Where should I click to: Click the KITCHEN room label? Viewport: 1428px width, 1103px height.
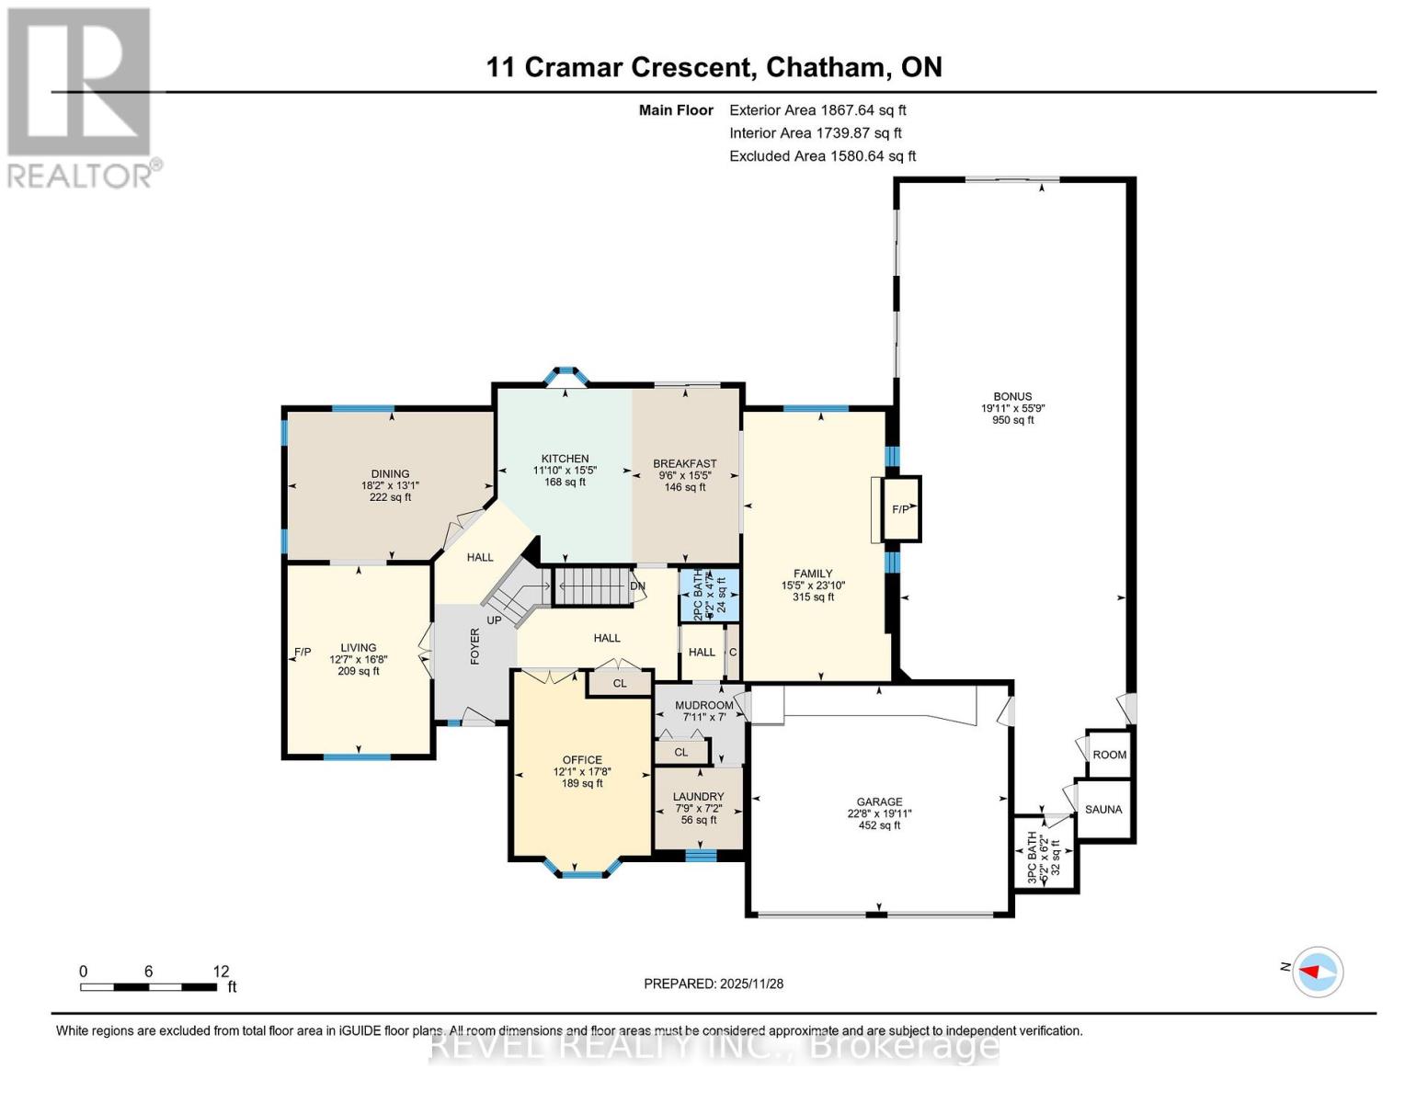click(x=565, y=459)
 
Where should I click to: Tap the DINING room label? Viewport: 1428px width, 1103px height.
click(x=390, y=474)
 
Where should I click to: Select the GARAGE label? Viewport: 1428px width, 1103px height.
click(x=879, y=802)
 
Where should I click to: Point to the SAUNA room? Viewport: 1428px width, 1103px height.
click(x=1103, y=809)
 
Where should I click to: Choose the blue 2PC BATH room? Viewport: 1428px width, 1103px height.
click(x=709, y=595)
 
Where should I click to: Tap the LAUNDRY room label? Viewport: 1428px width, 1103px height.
click(x=698, y=797)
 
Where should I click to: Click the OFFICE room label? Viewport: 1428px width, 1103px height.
click(x=582, y=760)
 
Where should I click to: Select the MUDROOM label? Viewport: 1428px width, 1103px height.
click(x=704, y=705)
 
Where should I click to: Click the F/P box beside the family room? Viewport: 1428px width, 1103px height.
click(x=900, y=509)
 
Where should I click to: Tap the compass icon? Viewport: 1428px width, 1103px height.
click(x=1318, y=971)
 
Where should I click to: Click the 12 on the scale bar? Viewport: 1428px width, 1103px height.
click(x=221, y=972)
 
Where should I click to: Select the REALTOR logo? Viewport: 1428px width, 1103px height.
click(x=81, y=97)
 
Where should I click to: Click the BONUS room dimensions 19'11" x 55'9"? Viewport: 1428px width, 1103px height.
click(x=1012, y=409)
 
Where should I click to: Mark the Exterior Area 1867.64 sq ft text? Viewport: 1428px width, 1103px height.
click(x=817, y=110)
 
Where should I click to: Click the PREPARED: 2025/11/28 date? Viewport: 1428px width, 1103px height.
click(x=714, y=984)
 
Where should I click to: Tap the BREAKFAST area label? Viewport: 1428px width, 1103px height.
click(x=684, y=464)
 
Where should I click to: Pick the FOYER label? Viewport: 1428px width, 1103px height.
click(x=475, y=646)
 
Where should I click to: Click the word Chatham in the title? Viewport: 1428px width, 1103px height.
click(x=827, y=67)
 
